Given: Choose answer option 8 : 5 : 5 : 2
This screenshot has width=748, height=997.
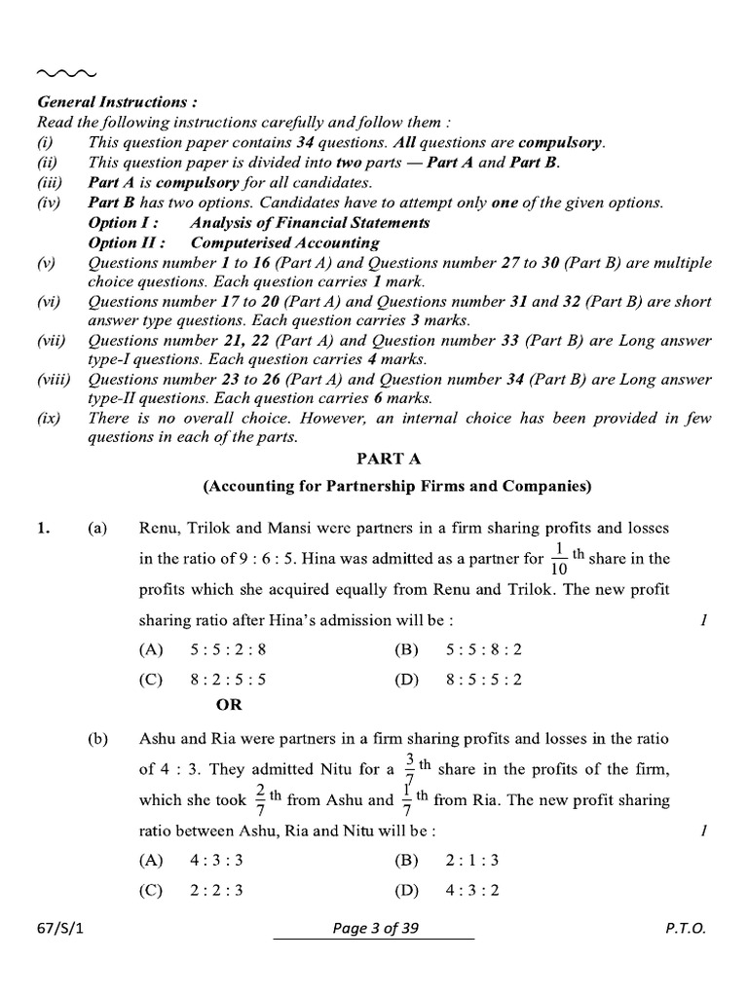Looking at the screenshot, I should coord(484,681).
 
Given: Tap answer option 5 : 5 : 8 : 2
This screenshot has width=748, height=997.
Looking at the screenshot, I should coord(484,649).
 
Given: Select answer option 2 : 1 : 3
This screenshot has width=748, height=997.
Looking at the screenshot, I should coord(472,860).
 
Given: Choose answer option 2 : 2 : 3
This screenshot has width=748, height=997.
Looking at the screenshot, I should coord(206,890).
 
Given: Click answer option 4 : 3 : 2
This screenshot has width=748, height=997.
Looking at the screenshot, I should coord(472,890).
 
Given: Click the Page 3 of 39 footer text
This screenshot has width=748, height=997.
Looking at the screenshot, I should coord(374,929).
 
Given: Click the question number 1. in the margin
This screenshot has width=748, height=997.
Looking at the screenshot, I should coord(42,529).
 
